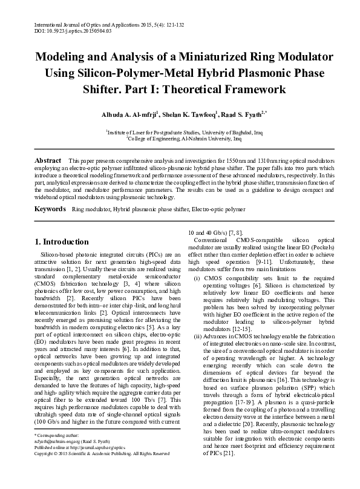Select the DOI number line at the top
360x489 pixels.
pyautogui.click(x=67, y=30)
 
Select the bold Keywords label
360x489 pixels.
pyautogui.click(x=50, y=209)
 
